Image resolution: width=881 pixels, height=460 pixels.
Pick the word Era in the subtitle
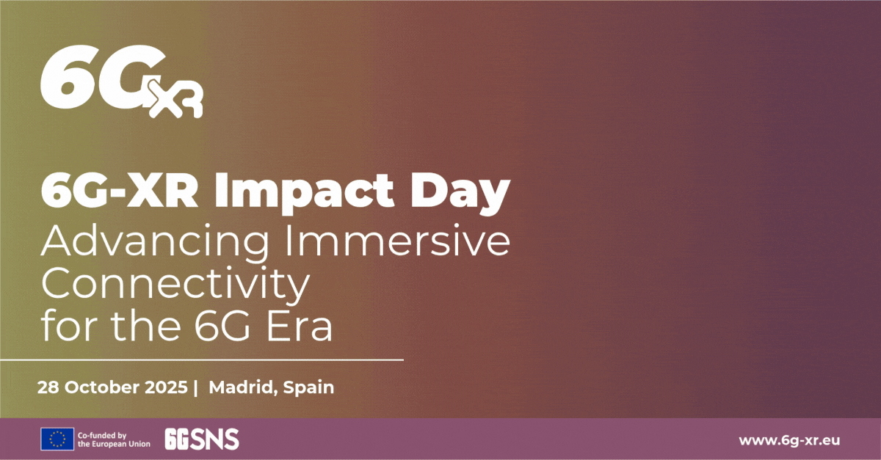pos(301,326)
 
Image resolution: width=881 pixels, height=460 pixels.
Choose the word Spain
pos(309,388)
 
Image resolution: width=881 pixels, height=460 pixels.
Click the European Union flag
pos(57,439)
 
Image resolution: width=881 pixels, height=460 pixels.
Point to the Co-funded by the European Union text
pos(114,439)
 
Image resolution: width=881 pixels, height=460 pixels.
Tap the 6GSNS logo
pos(202,439)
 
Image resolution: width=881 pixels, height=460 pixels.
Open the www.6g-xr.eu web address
pos(789,439)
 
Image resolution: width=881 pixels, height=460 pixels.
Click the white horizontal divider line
pos(202,360)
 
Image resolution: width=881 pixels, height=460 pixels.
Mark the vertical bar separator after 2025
pos(196,387)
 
